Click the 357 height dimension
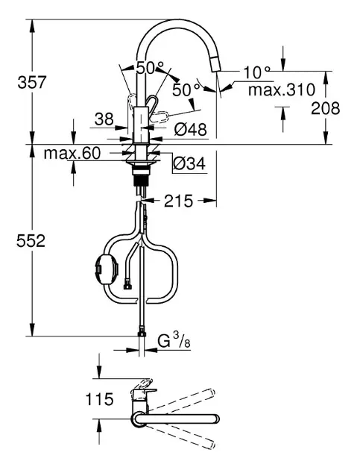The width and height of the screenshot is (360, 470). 32,82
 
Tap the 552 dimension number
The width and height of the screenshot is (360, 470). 31,241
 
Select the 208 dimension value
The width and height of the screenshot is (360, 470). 325,108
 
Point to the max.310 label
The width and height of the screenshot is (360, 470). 282,90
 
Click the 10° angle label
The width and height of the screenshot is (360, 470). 256,72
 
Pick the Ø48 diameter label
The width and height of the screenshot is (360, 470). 191,130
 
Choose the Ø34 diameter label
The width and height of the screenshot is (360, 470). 189,163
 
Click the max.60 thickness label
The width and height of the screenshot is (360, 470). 72,154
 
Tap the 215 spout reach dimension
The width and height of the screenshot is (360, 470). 178,201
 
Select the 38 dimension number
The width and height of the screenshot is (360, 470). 104,119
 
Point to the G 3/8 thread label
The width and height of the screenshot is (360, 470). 174,342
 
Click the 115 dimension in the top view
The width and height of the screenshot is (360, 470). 99,399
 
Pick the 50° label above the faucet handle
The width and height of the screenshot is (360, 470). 150,68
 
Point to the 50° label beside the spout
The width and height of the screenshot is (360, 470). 186,90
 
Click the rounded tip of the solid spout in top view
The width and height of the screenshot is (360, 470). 216,419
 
